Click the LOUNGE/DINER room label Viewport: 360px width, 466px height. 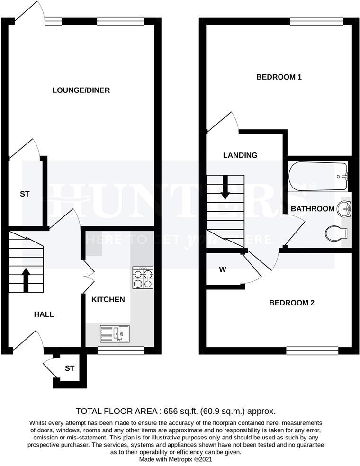(x=81, y=90)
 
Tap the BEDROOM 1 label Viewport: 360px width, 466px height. (x=279, y=77)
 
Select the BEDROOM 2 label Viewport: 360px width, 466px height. (x=292, y=303)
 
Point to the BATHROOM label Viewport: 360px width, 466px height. (x=313, y=209)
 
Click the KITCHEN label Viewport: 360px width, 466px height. (x=108, y=299)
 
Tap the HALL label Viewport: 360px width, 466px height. (x=44, y=314)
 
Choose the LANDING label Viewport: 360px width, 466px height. (x=240, y=155)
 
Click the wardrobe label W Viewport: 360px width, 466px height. (x=223, y=270)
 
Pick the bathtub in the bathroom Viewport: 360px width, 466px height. (x=318, y=177)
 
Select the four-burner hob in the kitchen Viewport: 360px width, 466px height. (x=144, y=278)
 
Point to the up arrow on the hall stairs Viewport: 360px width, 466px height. (x=25, y=279)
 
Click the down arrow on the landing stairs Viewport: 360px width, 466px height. (x=225, y=187)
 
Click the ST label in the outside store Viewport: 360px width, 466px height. (x=70, y=368)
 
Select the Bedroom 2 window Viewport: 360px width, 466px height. (x=312, y=350)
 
